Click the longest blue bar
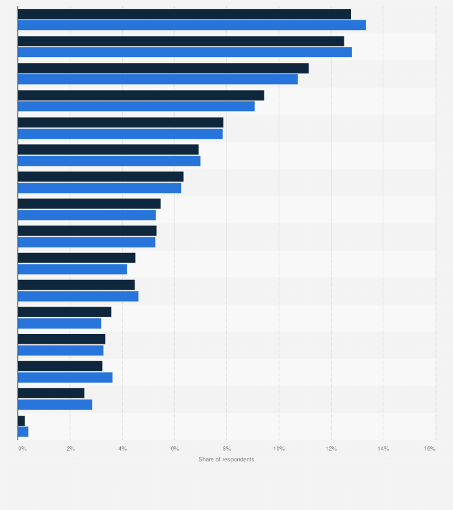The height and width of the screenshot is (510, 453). (x=192, y=25)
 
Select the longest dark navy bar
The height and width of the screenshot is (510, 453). (x=184, y=14)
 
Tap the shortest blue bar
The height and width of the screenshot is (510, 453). (x=23, y=431)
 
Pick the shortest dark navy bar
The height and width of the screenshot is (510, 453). (x=21, y=420)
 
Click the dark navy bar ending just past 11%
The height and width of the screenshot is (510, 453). (x=163, y=68)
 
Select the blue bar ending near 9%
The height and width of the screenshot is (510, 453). (x=136, y=106)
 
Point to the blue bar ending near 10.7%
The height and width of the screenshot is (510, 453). (x=157, y=79)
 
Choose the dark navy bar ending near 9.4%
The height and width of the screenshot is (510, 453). (x=141, y=96)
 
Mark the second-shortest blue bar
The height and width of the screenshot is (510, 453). (x=55, y=404)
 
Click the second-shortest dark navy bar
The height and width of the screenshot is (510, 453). (x=51, y=393)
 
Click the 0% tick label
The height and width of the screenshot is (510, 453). (x=22, y=449)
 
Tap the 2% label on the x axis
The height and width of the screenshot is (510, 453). (x=70, y=449)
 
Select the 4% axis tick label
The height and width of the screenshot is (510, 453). (x=123, y=449)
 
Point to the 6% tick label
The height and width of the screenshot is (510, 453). (x=174, y=449)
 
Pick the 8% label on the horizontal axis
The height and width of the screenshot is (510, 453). (x=227, y=449)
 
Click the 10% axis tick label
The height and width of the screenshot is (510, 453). (x=279, y=449)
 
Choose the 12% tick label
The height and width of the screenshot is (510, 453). (x=331, y=449)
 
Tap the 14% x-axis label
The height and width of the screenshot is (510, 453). (x=383, y=449)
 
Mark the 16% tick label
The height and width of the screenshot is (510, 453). (x=430, y=449)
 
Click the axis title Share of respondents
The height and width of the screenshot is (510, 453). (x=227, y=460)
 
